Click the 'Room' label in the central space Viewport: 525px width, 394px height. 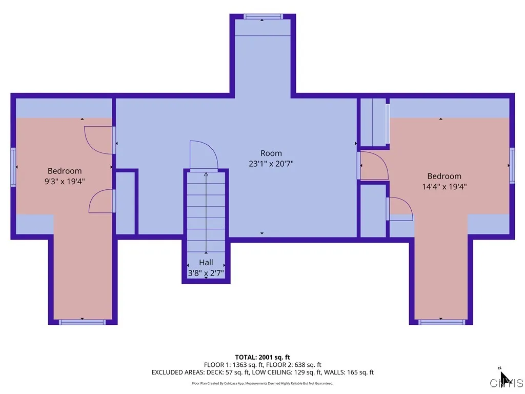click(271, 153)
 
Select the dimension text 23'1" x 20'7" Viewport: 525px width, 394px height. click(271, 164)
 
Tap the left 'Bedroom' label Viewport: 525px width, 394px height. click(65, 171)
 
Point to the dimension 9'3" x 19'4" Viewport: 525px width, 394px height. click(65, 181)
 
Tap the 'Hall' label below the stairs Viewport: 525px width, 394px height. click(206, 263)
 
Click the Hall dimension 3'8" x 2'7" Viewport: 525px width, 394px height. click(206, 273)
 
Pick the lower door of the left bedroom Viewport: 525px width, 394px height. click(102, 201)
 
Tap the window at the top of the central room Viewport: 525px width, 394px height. click(262, 16)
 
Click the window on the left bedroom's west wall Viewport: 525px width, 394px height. click(13, 167)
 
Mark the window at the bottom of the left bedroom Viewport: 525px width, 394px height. click(82, 322)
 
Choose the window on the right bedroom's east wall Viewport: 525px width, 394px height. click(512, 165)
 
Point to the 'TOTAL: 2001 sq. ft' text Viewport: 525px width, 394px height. click(262, 357)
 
